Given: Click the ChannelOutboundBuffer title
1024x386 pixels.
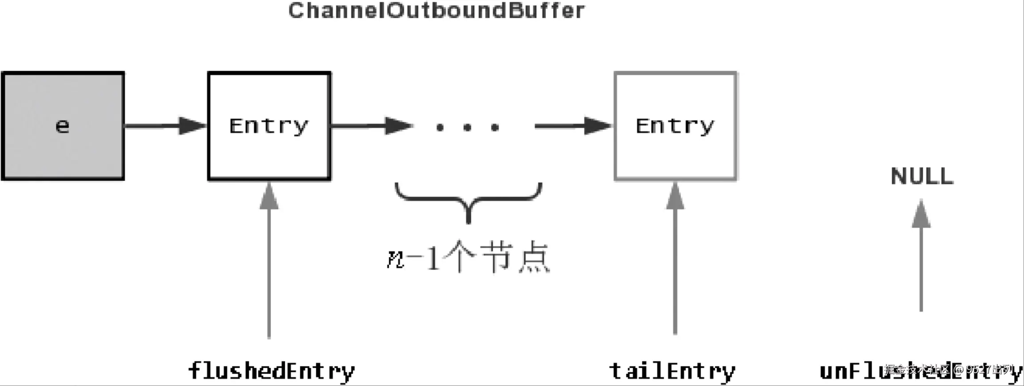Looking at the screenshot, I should point(436,11).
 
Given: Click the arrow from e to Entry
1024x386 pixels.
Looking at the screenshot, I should point(165,126).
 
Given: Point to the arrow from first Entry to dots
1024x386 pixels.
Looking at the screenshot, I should point(371,126).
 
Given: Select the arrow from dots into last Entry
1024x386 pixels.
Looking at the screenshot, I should point(573,126).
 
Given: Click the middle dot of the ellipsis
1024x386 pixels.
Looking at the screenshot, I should point(467,128).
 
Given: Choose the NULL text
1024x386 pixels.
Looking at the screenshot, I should point(922,176).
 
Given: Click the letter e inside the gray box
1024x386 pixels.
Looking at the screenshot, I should point(62,126).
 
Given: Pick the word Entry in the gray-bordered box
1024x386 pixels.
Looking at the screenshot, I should point(675,126).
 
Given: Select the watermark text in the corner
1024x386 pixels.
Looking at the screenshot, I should point(951,370).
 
